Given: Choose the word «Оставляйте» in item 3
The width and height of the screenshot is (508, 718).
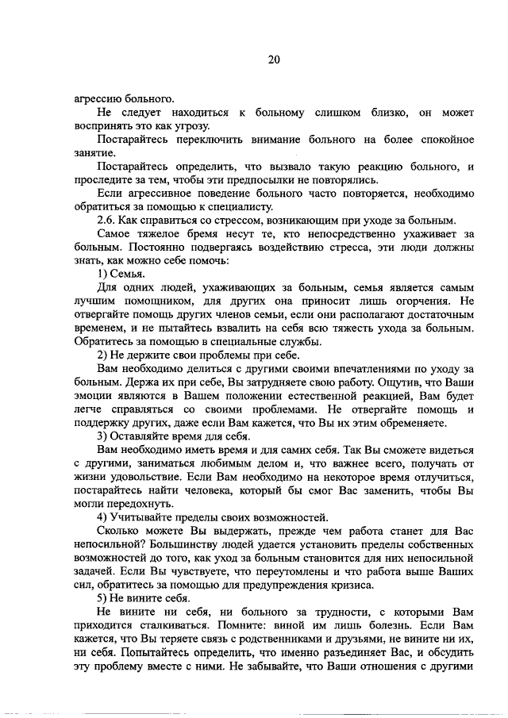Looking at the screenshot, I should [x=140, y=436].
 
